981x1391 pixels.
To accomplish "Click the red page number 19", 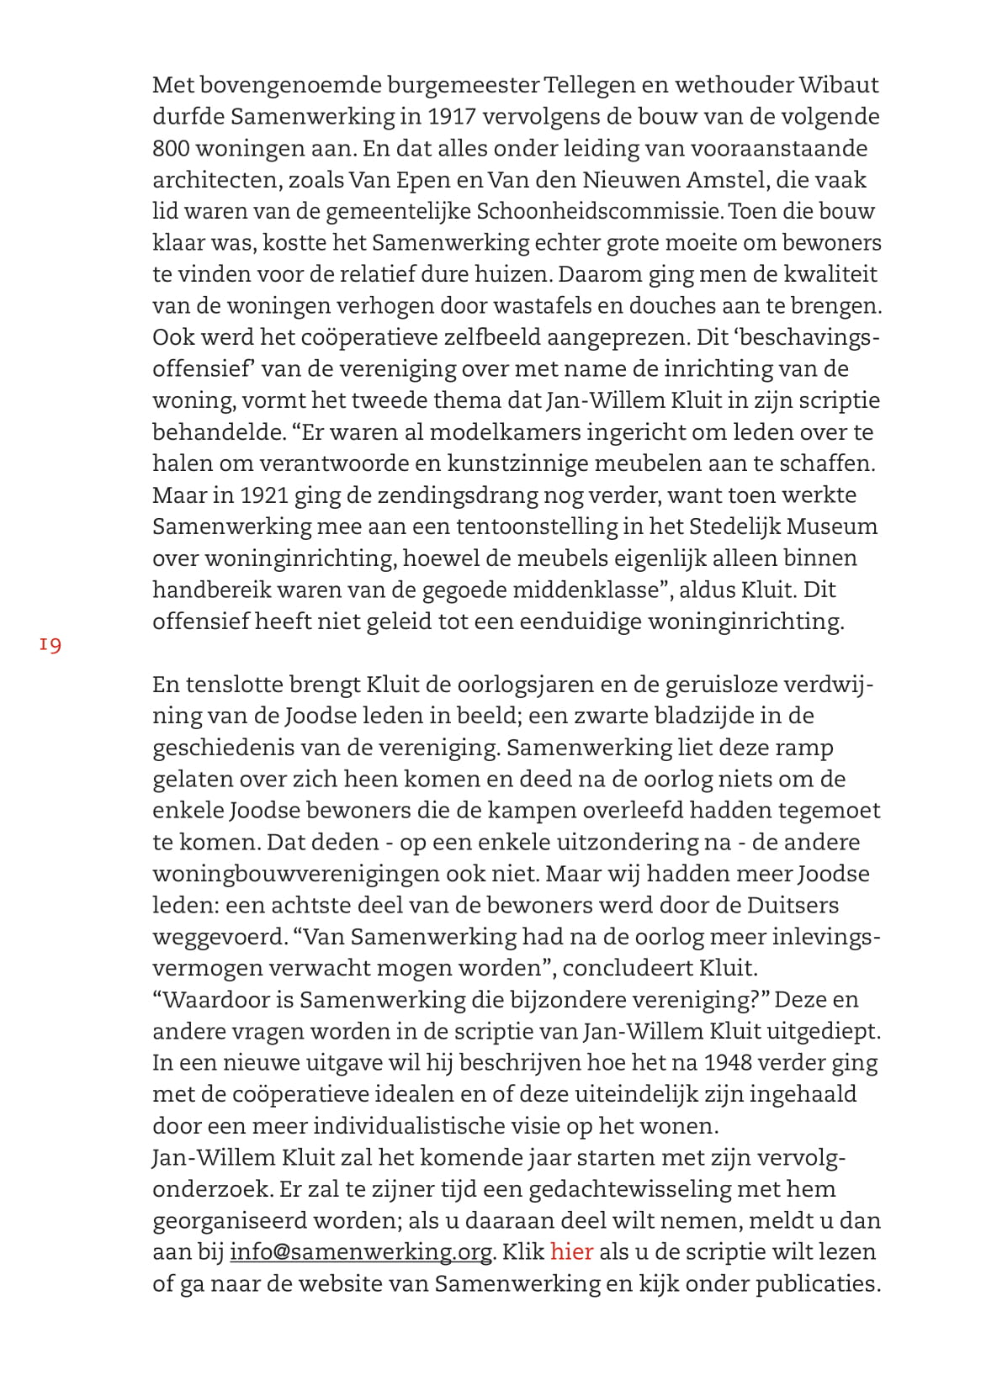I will (x=50, y=645).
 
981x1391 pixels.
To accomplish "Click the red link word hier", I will (x=571, y=1251).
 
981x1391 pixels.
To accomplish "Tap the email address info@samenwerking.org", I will (x=361, y=1251).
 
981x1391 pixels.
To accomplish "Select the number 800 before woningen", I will (x=172, y=148).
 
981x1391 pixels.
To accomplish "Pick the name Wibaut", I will (x=838, y=85).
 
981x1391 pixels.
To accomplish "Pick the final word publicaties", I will (x=817, y=1283).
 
